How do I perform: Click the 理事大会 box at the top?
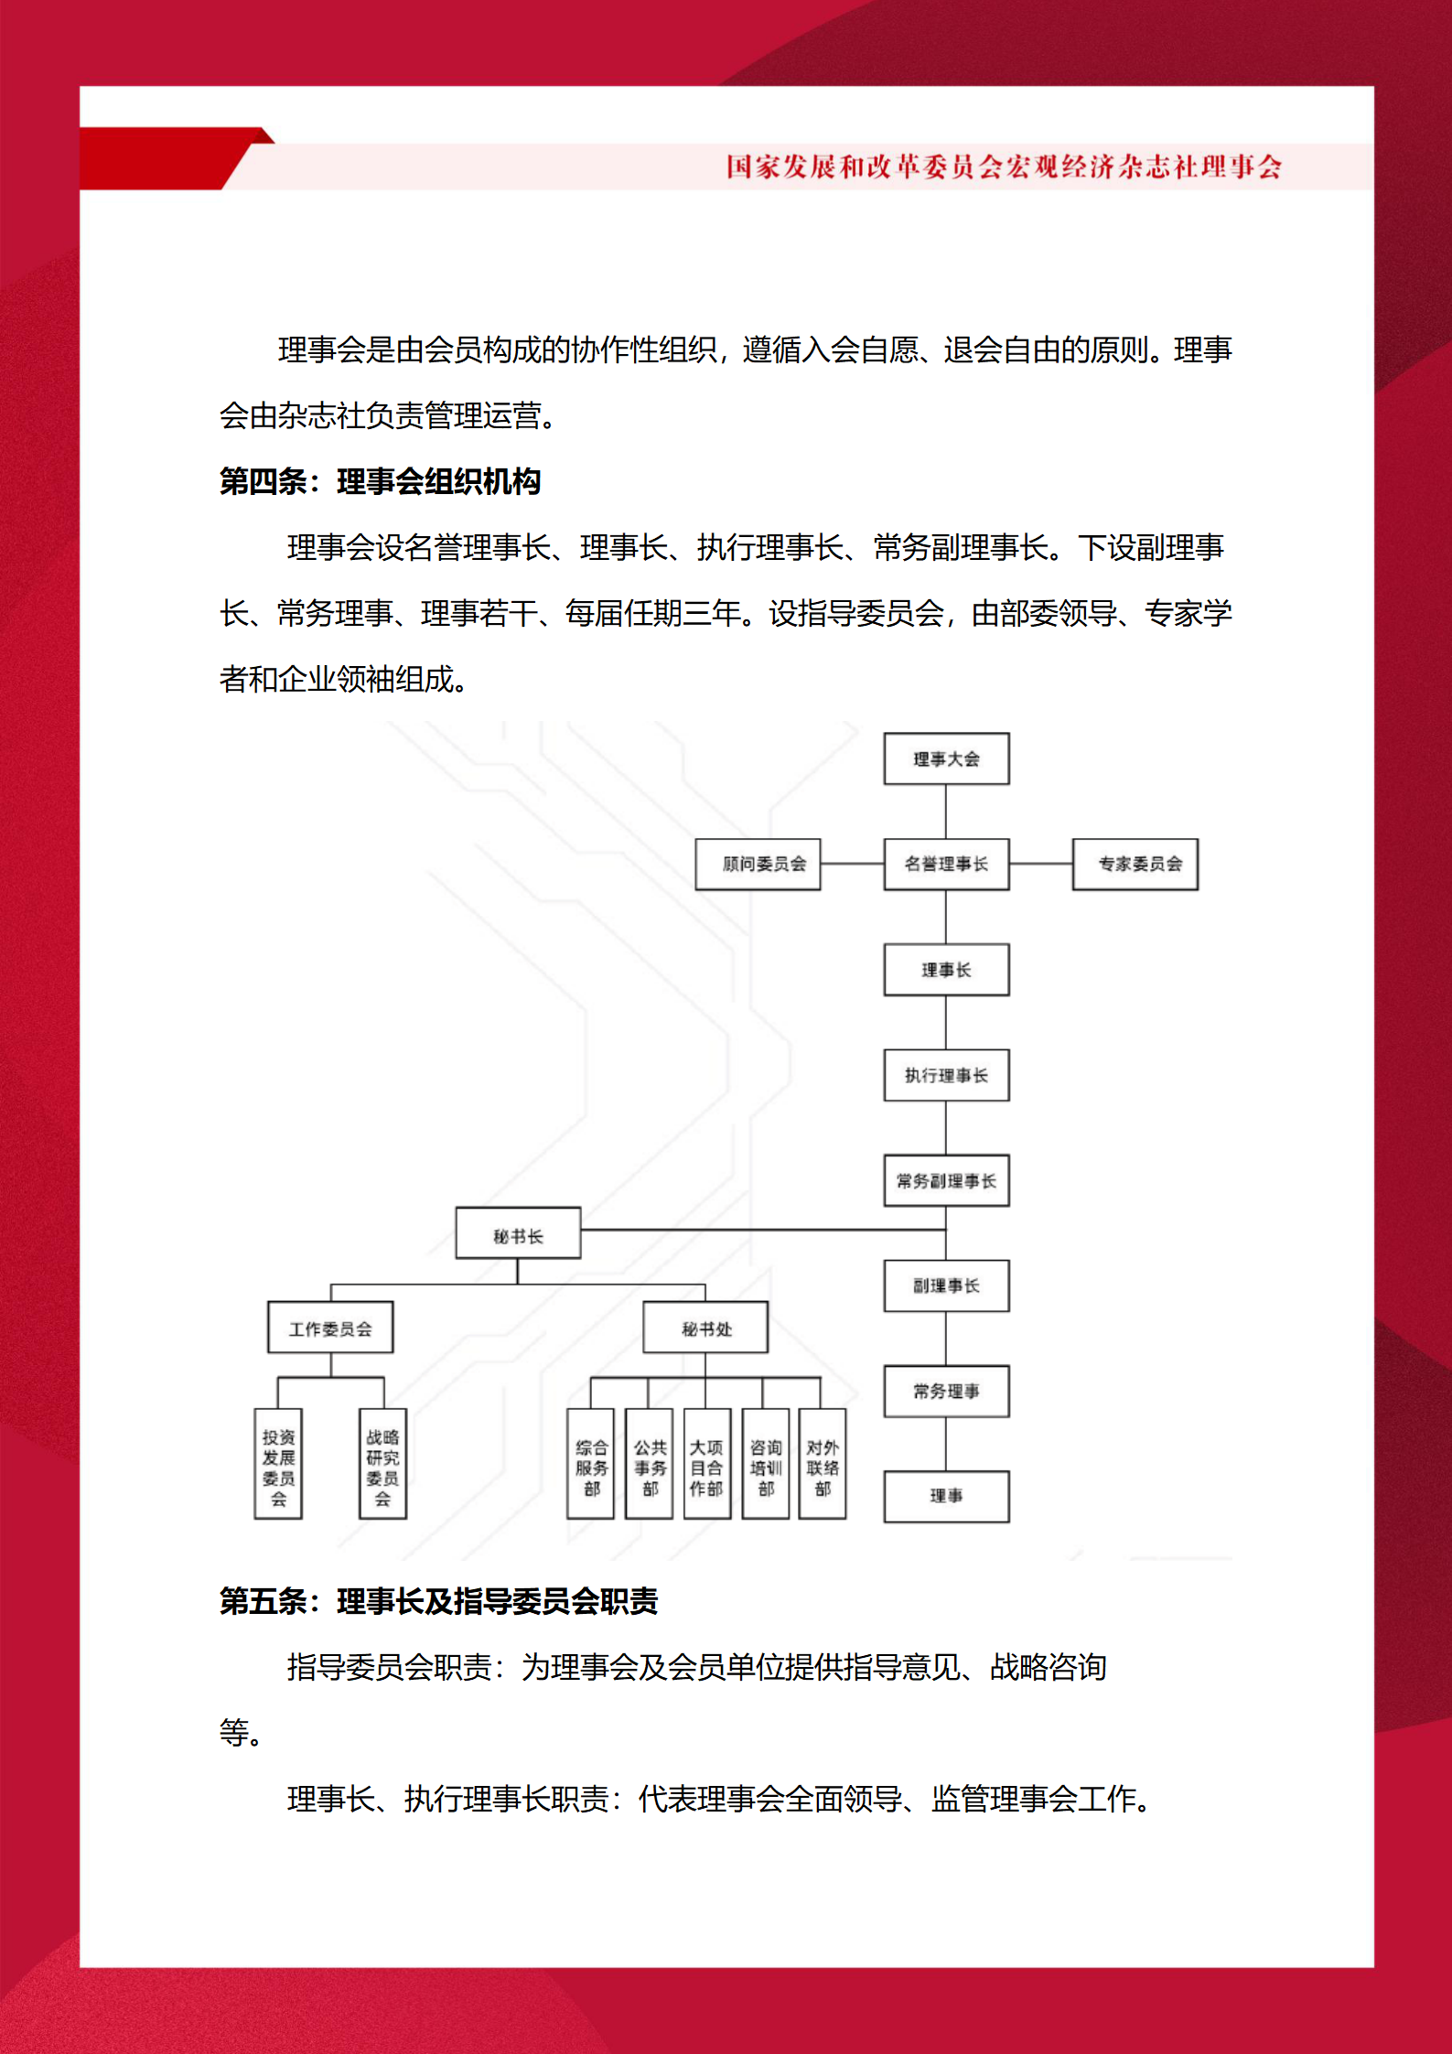(946, 758)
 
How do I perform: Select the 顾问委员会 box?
(758, 864)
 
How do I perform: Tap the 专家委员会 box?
(1135, 864)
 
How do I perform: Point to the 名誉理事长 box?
(946, 864)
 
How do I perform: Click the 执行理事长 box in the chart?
(946, 1075)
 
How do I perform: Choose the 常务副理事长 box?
(946, 1180)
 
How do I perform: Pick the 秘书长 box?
(518, 1232)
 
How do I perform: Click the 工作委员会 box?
(330, 1327)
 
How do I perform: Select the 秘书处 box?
(705, 1327)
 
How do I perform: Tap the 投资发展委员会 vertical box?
(278, 1464)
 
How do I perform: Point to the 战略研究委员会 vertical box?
(382, 1464)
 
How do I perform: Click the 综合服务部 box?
(590, 1464)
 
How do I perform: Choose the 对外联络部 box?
(823, 1464)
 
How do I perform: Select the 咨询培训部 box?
(765, 1464)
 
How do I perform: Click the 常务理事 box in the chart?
(946, 1391)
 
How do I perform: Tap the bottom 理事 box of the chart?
(946, 1496)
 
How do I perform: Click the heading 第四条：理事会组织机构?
(380, 481)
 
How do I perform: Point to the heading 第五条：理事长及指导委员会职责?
(438, 1601)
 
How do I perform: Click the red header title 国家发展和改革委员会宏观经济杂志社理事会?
(1004, 167)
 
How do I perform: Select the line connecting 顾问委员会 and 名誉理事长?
(852, 864)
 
